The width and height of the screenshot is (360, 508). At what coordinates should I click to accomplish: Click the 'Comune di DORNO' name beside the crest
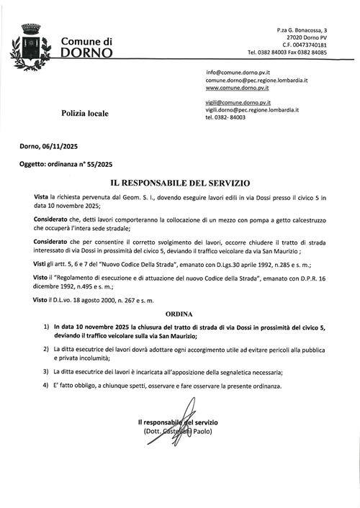[86, 47]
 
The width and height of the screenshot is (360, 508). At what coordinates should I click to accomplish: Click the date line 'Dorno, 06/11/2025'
[50, 145]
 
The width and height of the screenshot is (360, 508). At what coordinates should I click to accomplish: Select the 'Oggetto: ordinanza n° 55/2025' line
[66, 165]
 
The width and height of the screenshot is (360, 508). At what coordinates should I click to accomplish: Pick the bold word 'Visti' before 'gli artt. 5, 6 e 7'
[42, 265]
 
